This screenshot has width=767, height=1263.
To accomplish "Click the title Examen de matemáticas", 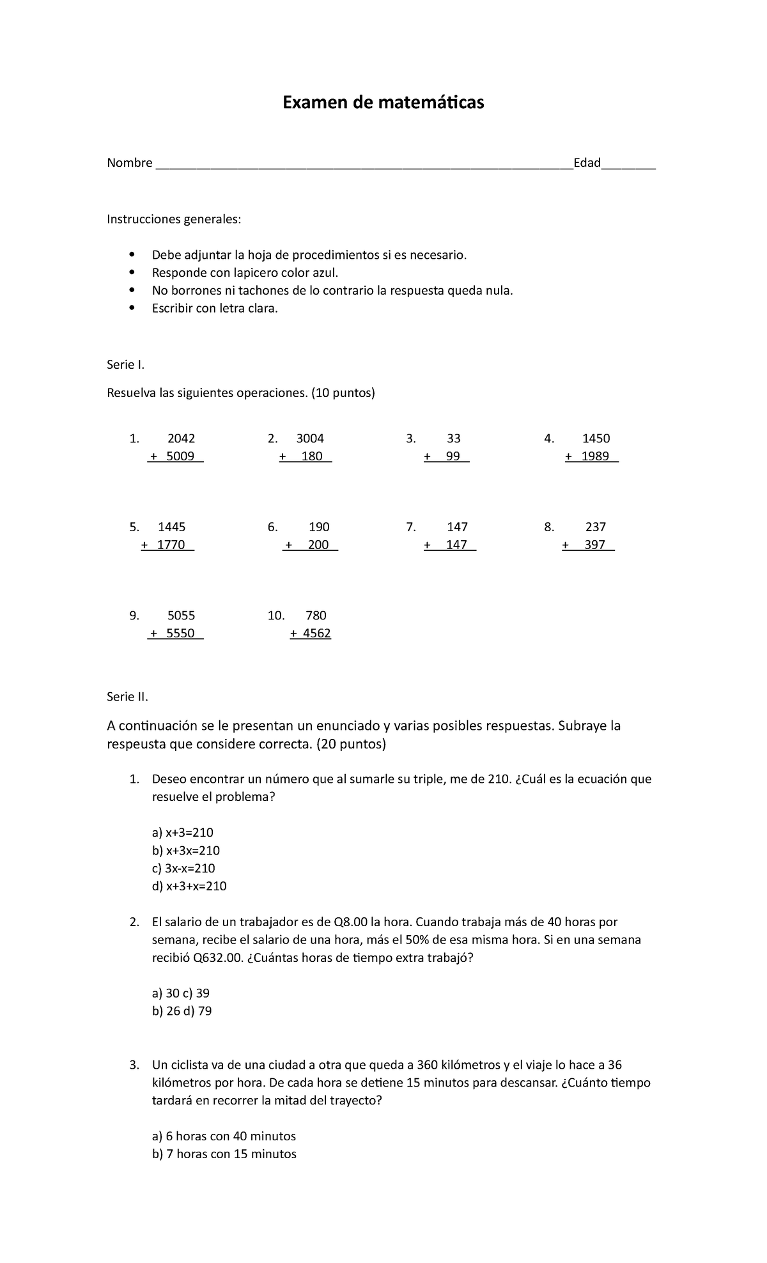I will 383,102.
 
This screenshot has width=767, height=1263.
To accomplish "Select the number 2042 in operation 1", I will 181,438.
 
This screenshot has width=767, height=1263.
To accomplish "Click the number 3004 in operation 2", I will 310,438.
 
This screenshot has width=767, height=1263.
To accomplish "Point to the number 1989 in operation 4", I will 595,456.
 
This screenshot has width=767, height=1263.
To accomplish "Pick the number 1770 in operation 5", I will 171,545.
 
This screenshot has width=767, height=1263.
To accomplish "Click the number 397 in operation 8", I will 594,545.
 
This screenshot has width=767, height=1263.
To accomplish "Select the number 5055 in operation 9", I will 181,616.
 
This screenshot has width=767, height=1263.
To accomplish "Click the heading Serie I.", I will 126,365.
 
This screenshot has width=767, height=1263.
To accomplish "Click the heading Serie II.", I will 127,697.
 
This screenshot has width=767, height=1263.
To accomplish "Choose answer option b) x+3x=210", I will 186,851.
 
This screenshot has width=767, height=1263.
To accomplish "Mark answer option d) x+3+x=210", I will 189,887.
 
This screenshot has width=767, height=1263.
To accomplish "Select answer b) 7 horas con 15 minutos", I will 224,1154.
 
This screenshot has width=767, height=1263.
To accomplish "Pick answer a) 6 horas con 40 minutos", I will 224,1136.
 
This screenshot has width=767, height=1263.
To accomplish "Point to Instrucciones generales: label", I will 174,220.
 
